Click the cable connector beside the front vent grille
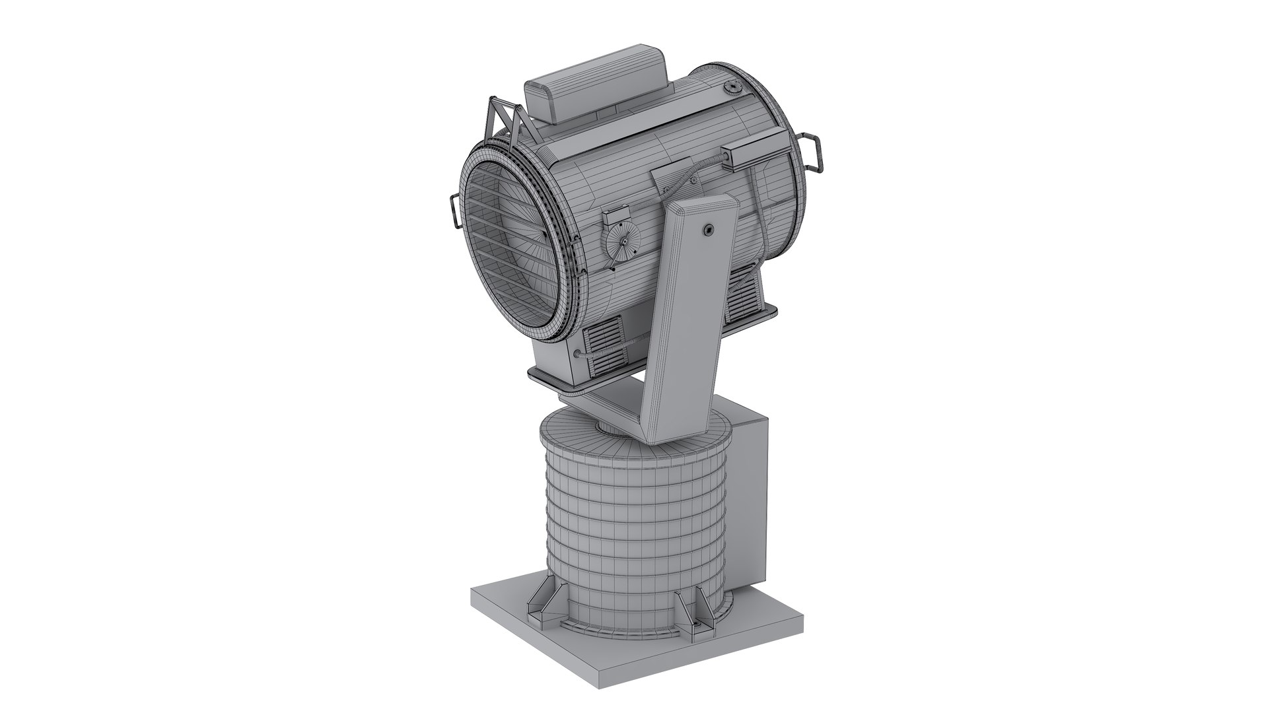coord(580,355)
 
